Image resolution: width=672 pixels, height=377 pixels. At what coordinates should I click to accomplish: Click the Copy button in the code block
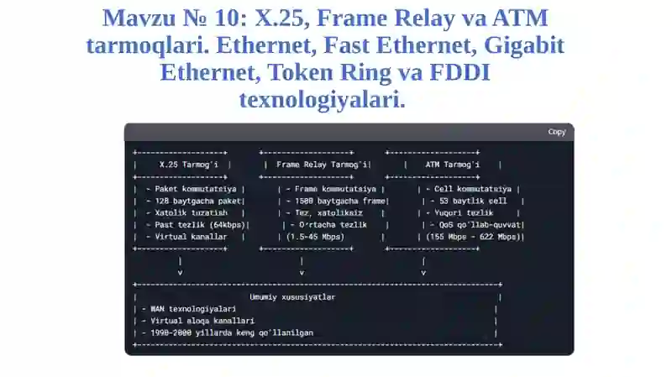pyautogui.click(x=557, y=132)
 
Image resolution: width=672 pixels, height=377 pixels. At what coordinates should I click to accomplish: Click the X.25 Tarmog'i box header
pyautogui.click(x=188, y=165)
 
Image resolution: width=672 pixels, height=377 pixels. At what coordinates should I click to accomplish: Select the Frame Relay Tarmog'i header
pyautogui.click(x=322, y=165)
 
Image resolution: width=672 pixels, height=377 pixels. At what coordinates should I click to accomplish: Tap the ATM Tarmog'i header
pyautogui.click(x=453, y=165)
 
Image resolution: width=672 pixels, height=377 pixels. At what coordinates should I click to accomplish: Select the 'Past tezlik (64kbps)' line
pyautogui.click(x=196, y=225)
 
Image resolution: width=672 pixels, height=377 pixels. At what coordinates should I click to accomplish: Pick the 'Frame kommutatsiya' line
pyautogui.click(x=331, y=189)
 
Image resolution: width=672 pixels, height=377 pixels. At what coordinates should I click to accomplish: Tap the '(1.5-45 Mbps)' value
pyautogui.click(x=316, y=237)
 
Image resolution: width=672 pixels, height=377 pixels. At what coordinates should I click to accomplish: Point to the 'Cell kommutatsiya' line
pyautogui.click(x=469, y=189)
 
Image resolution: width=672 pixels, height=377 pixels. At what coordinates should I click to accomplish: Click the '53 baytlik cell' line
pyautogui.click(x=469, y=201)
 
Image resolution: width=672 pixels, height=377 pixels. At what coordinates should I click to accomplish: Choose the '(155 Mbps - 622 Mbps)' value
pyautogui.click(x=473, y=237)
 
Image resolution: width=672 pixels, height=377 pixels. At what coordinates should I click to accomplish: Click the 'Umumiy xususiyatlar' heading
pyautogui.click(x=292, y=297)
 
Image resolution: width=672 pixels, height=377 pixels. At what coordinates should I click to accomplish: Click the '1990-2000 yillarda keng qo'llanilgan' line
pyautogui.click(x=227, y=332)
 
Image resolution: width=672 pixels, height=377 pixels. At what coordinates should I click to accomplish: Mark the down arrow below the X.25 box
pyautogui.click(x=180, y=266)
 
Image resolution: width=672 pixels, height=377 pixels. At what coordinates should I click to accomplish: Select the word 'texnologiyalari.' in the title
pyautogui.click(x=323, y=99)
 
